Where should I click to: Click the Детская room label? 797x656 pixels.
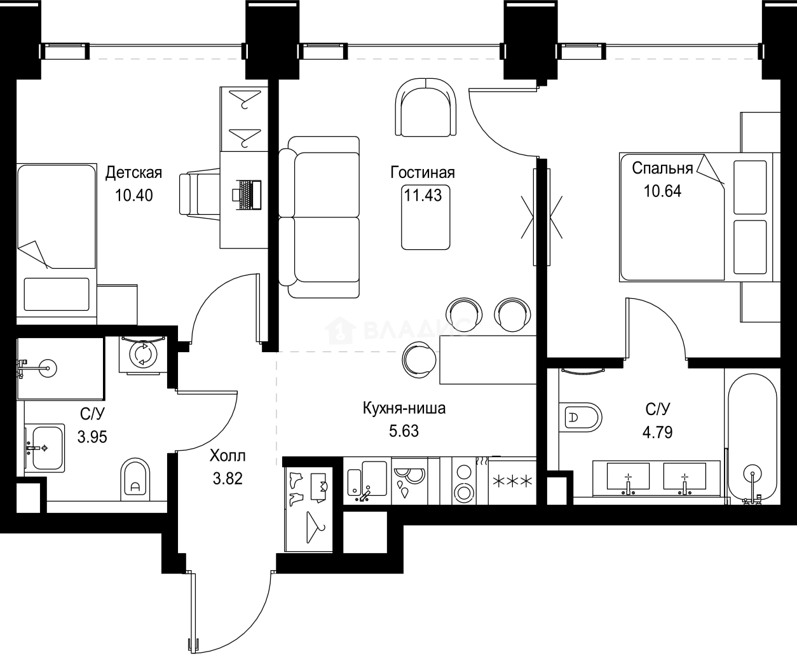point(133,172)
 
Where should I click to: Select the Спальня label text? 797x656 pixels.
point(662,168)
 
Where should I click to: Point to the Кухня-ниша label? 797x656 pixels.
point(404,408)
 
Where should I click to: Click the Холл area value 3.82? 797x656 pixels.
point(227,478)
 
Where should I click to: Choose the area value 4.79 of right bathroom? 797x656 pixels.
point(657,433)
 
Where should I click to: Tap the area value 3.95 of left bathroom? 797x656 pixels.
point(92,437)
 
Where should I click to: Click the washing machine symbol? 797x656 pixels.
point(142,354)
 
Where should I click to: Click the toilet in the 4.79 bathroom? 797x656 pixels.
point(581,418)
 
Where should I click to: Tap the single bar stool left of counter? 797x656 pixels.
point(419,360)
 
